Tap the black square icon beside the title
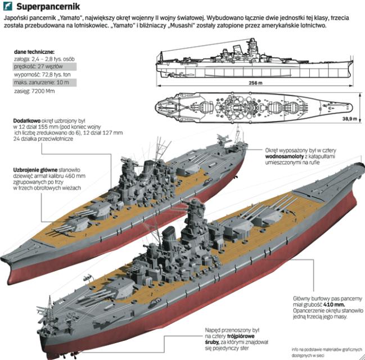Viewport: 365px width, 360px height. pyautogui.click(x=7, y=7)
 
